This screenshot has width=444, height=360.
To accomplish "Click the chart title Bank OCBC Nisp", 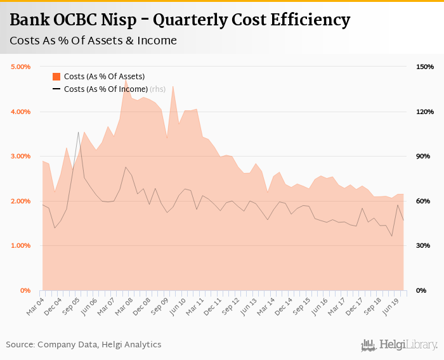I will tap(180, 20).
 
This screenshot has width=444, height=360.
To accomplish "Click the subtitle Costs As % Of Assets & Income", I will tap(93, 41).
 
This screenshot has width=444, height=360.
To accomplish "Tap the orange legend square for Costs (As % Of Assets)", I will tap(56, 77).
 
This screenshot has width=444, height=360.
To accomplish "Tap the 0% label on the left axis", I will tap(26, 290).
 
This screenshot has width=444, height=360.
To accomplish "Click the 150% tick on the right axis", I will tap(424, 67).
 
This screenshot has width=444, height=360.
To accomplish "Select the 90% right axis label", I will tap(423, 156).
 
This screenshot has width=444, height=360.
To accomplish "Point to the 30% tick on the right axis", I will tap(423, 245).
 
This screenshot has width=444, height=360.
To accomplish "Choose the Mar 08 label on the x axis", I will tap(124, 304).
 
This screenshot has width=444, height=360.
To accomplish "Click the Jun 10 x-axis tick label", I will tap(178, 304).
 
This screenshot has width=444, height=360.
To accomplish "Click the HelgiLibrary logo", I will tap(399, 345).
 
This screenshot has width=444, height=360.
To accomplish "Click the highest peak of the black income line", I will tap(79, 132).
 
